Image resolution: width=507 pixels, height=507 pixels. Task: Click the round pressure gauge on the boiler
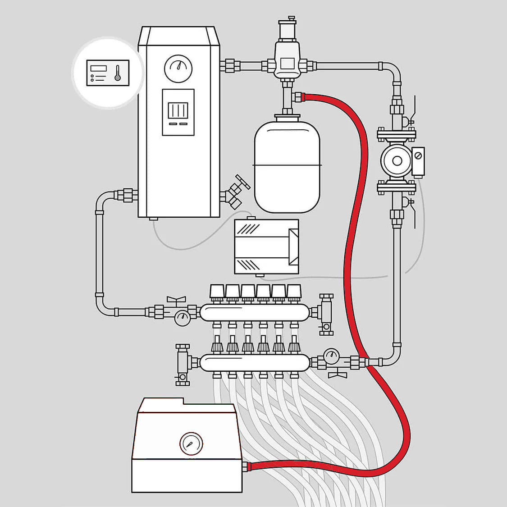point(178,68)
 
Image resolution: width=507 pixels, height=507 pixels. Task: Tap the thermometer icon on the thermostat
point(118,73)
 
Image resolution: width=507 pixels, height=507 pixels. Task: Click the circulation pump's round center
point(397,161)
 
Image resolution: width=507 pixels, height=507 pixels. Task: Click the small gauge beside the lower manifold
point(332,356)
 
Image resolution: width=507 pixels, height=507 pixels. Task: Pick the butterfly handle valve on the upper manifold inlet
point(176,299)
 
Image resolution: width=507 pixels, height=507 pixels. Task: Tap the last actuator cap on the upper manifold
point(294,292)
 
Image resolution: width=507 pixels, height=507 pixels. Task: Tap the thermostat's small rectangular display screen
point(98,69)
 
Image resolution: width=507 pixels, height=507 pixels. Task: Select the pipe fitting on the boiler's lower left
point(127,195)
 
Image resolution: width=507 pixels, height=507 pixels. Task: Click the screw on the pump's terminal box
point(418,155)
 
